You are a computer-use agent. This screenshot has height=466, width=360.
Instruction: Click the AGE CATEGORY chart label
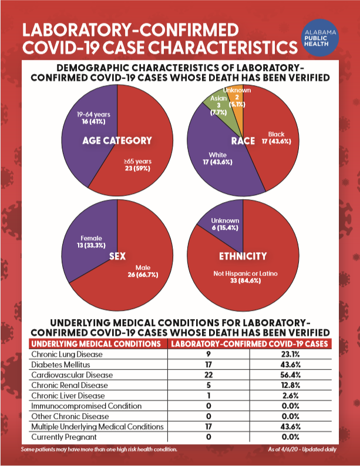[x=118, y=140]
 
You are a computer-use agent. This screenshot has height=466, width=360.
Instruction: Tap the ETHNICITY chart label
[x=243, y=256]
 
